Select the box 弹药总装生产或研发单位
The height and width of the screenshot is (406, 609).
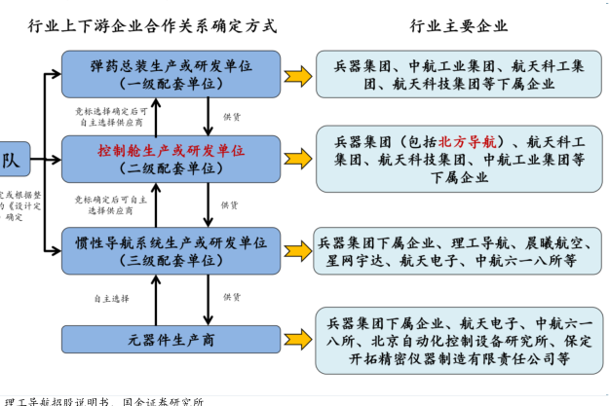[x=171, y=73]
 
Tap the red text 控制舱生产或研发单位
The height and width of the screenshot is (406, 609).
[x=171, y=151]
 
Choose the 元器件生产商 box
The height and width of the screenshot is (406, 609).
[x=171, y=339]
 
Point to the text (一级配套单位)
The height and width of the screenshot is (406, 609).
[x=171, y=84]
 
